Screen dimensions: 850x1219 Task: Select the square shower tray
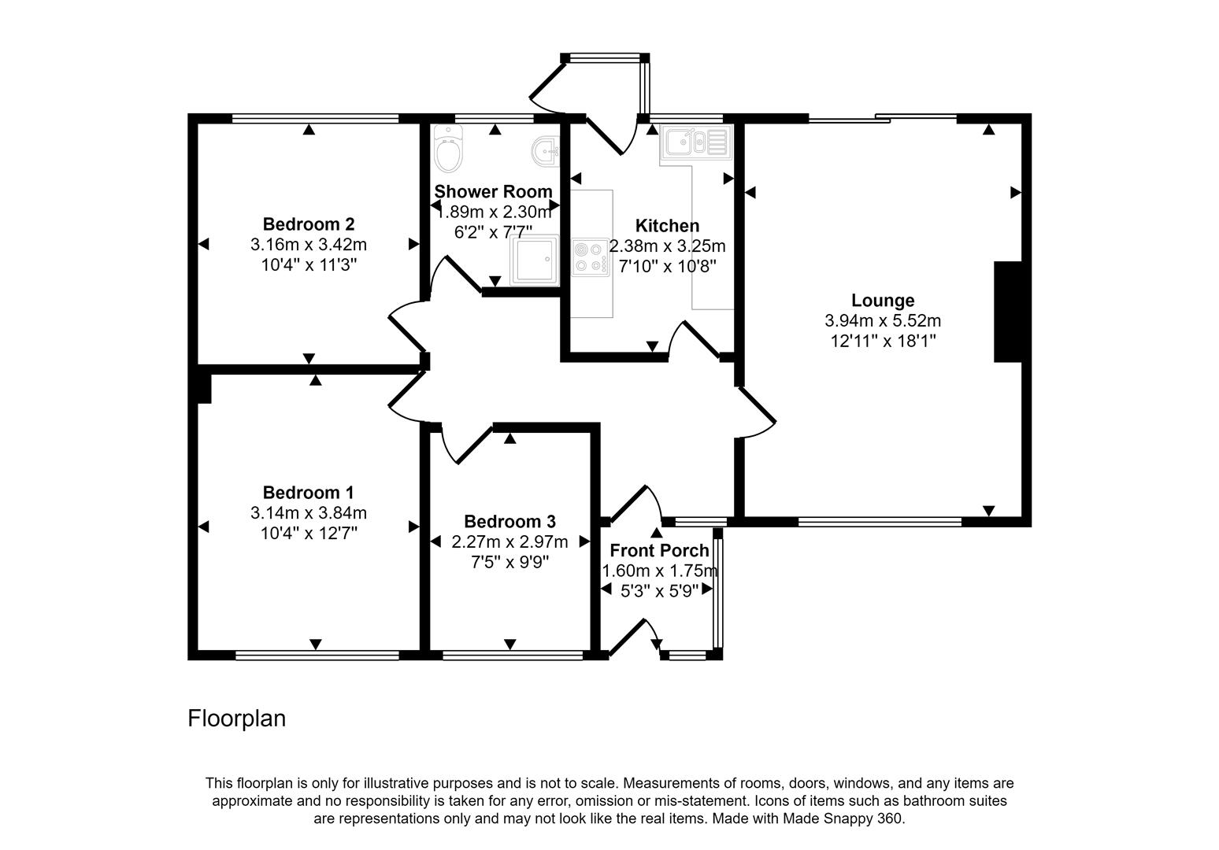pos(535,260)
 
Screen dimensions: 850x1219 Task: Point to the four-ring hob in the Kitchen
pos(591,257)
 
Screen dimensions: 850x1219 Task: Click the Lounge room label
pos(883,300)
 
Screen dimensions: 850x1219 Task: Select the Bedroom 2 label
pos(309,224)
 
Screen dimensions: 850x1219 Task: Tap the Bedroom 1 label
pos(308,493)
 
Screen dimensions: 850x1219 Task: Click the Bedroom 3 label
pos(509,521)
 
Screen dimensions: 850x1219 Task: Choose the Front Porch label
pos(659,550)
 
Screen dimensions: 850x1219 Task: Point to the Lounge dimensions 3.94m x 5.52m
pos(883,320)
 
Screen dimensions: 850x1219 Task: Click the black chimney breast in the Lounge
pos(1007,312)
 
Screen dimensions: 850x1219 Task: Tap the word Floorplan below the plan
pos(236,719)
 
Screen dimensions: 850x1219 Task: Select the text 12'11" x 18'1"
pos(883,341)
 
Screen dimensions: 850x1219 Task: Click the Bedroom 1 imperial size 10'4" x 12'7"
pos(309,534)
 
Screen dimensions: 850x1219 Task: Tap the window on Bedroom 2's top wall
pos(316,119)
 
